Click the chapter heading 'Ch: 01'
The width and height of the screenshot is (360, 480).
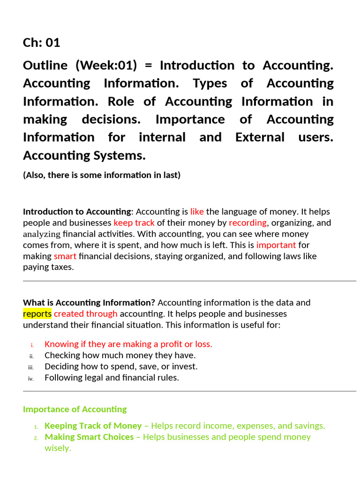42,43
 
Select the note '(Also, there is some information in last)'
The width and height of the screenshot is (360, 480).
102,175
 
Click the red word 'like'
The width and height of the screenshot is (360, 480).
197,211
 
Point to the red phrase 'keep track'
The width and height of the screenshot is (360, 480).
134,223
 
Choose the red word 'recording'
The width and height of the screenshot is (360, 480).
247,223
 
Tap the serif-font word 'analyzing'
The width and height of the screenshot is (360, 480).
42,234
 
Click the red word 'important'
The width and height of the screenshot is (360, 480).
276,245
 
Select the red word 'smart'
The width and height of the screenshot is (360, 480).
65,256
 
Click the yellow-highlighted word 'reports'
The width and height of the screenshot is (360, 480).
37,314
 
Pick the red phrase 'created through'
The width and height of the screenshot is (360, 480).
86,314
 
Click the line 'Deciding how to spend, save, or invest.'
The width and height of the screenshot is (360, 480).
121,367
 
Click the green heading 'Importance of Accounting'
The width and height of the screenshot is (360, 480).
75,409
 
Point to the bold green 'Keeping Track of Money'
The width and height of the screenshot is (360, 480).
93,426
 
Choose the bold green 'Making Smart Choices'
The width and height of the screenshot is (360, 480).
89,437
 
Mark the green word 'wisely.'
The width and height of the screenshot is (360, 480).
58,448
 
